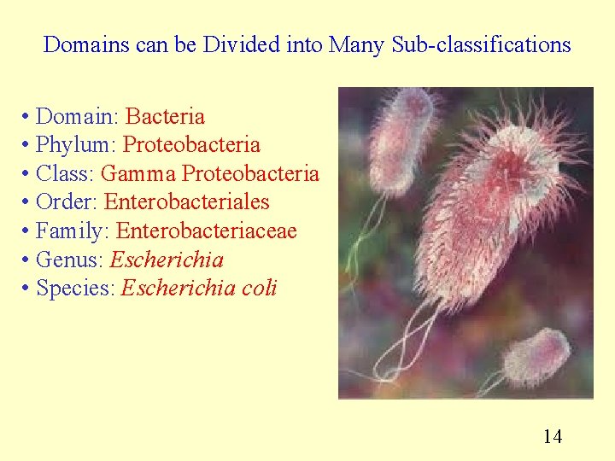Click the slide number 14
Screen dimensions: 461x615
553,437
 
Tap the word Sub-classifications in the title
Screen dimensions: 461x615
481,44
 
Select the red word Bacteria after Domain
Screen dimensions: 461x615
165,116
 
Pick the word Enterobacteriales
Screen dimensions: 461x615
186,202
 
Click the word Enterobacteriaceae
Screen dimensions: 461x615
206,231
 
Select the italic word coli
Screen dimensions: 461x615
260,289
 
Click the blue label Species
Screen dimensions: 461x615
75,289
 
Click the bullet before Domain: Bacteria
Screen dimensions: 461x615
27,116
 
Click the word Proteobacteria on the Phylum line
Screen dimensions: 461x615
191,145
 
